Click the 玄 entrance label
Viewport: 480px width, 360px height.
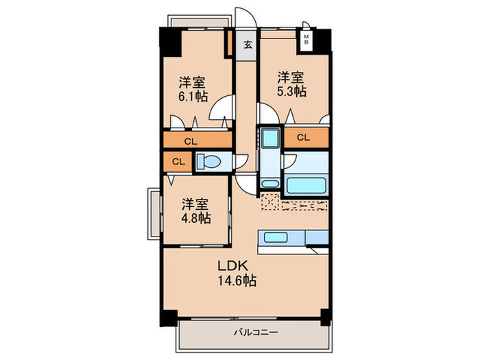point(248,45)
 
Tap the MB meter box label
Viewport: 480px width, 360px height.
point(306,40)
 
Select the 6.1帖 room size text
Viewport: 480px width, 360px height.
point(193,97)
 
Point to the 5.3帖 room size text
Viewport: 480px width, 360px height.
point(291,91)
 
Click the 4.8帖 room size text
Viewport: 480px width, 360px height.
point(196,218)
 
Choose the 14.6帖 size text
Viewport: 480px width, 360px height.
point(237,280)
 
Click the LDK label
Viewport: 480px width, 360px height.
point(232,266)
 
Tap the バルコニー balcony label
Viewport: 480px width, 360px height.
point(256,332)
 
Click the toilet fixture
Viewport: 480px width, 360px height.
point(208,161)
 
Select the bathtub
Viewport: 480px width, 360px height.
point(306,185)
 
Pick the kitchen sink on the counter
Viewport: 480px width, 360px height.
point(276,237)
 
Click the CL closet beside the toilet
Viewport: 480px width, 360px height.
point(178,161)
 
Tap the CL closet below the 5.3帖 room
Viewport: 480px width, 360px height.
point(306,138)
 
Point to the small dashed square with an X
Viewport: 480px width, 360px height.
point(270,202)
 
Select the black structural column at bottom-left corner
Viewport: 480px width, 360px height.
point(169,318)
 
